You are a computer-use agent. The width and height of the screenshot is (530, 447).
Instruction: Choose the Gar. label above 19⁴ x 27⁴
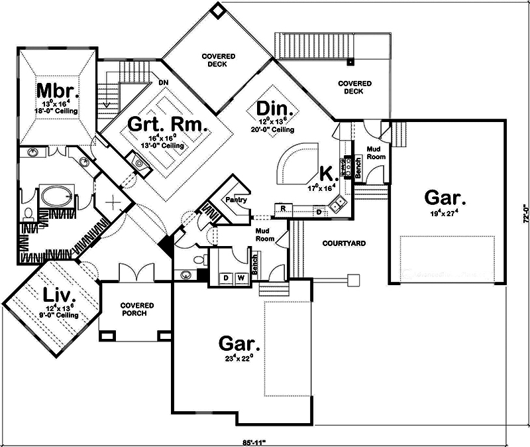tap(445, 198)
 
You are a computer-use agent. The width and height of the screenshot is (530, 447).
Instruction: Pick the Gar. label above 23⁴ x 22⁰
tap(239, 344)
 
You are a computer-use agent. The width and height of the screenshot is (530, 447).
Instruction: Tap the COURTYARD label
tap(344, 243)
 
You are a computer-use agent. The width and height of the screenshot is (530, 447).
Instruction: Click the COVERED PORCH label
tap(137, 309)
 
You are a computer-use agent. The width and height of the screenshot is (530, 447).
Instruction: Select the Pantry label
tap(235, 199)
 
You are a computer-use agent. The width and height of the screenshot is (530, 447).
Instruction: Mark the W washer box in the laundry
tap(241, 277)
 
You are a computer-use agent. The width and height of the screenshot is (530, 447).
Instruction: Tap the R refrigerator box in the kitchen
tap(283, 209)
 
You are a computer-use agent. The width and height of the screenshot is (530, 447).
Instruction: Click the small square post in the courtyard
tap(353, 279)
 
